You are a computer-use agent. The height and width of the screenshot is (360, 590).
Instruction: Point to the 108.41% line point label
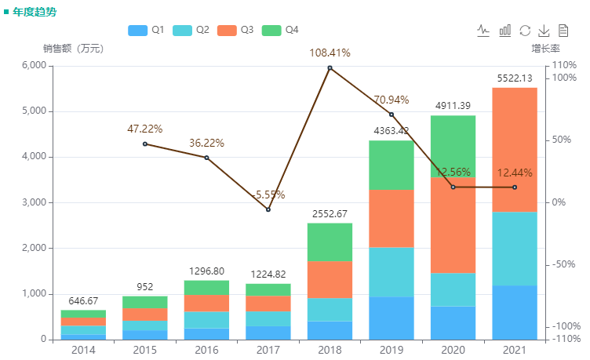point(330,53)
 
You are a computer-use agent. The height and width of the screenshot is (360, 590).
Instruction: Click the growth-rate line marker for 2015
point(145,144)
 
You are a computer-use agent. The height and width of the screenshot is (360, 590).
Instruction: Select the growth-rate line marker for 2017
point(268,209)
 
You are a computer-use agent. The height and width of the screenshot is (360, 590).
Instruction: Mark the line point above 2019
point(392,115)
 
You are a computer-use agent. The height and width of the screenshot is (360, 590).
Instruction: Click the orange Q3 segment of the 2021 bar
point(515,149)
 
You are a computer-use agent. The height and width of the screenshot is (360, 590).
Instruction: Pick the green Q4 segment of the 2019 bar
point(392,165)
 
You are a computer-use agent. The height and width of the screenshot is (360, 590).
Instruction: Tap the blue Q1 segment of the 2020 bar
point(453,322)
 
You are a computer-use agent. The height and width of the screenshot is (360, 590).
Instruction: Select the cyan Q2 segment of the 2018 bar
point(330,309)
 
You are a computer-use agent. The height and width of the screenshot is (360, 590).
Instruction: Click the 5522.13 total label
point(515,78)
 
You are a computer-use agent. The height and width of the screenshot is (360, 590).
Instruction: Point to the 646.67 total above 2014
point(84,300)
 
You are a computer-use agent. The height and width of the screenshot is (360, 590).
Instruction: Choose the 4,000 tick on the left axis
point(32,157)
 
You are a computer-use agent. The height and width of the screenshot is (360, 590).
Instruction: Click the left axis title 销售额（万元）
point(73,49)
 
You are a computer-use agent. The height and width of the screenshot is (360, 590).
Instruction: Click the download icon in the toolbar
point(544,30)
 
